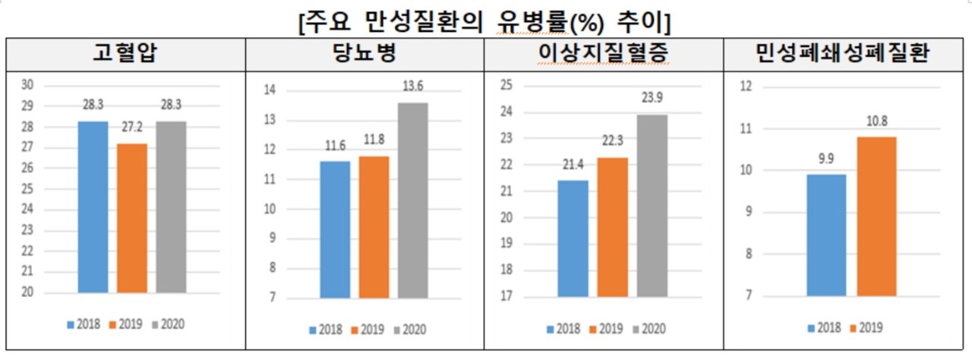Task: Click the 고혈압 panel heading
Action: [x=126, y=55]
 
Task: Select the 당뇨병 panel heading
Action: [x=364, y=55]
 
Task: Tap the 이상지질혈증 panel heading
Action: [x=604, y=55]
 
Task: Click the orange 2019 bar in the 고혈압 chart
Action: [x=132, y=218]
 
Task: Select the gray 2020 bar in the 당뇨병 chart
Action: [x=412, y=201]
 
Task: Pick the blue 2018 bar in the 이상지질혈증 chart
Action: [x=573, y=238]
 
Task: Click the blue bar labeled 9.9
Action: [x=826, y=235]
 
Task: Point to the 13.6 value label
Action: [x=412, y=90]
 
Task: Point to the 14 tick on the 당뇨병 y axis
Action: [x=269, y=91]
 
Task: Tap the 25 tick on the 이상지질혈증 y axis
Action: [x=507, y=86]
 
